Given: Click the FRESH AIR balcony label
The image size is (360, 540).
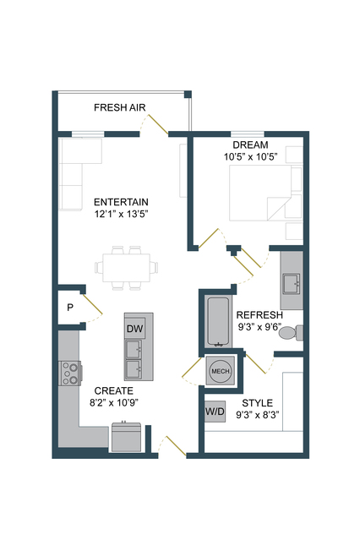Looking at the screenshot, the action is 119,107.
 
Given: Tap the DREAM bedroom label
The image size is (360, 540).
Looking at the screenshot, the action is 250,145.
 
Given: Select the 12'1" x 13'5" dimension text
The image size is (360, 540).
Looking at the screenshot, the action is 121,214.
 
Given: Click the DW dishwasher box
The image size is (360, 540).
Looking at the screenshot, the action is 134,329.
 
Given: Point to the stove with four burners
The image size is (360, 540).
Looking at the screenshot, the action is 70,373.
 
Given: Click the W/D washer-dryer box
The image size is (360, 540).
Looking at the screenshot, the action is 215,412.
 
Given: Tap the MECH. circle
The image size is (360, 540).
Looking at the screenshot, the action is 221,371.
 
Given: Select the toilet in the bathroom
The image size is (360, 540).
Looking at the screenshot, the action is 291,332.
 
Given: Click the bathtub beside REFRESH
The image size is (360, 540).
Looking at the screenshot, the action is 218,321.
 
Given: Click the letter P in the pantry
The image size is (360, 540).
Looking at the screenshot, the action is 70,308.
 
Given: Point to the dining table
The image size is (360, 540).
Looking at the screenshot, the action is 127,268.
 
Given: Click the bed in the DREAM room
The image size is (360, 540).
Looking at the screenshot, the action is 261,193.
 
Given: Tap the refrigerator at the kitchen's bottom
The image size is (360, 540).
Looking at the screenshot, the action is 127,437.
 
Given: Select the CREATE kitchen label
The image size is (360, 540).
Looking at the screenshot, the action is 114,391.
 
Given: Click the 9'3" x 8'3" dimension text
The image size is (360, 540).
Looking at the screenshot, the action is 258,415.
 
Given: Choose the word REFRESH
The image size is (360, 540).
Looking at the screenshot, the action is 259,315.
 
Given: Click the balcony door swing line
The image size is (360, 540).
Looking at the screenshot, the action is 158,124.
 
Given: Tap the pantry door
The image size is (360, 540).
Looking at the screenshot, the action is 92,304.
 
